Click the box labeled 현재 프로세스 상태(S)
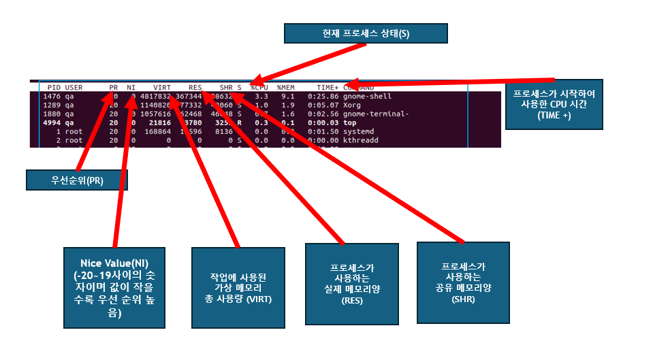click(366, 33)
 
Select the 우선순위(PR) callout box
click(77, 180)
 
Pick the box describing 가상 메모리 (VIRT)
click(238, 288)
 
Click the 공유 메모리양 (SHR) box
click(462, 282)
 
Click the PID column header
click(53, 88)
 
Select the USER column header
click(74, 88)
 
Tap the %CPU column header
click(259, 88)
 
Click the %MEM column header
click(285, 88)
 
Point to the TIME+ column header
click(328, 88)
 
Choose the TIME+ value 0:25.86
click(323, 97)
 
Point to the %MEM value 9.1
click(288, 97)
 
